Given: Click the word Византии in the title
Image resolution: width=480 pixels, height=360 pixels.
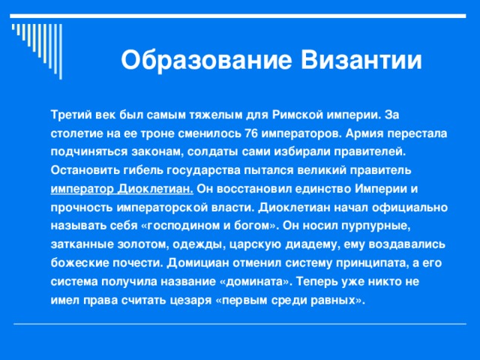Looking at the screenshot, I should (363, 59).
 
